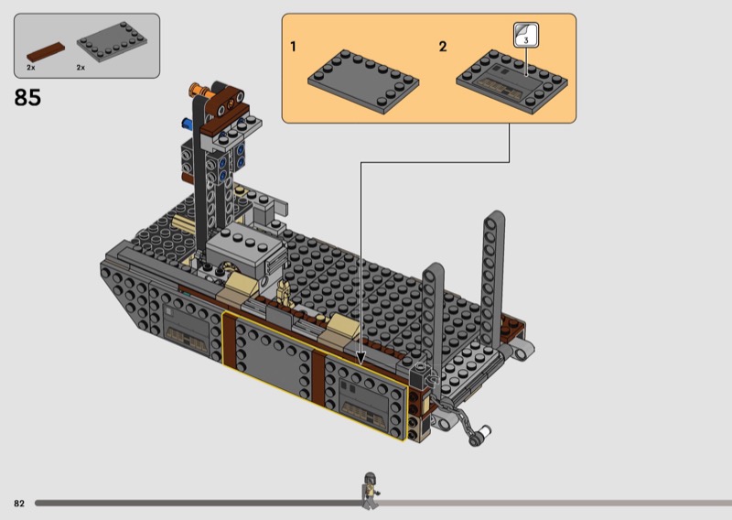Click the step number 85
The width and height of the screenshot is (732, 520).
point(27,98)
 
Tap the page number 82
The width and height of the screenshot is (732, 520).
point(19,504)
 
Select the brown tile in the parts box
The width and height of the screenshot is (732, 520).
point(46,52)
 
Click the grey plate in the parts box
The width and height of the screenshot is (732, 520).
point(112,41)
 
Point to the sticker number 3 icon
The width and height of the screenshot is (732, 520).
point(526,35)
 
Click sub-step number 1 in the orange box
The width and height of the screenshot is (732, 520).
point(293,47)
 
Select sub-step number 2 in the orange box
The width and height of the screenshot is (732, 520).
point(443,47)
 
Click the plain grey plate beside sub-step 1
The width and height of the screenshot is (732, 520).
point(363,81)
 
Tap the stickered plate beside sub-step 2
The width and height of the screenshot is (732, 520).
point(511,81)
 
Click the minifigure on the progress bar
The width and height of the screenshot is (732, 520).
point(371,491)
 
